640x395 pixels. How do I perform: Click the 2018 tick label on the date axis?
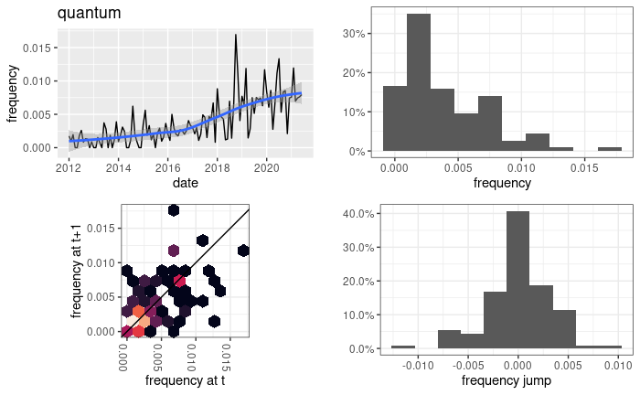[217, 167]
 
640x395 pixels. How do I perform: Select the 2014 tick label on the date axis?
[118, 167]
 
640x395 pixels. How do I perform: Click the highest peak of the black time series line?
[236, 36]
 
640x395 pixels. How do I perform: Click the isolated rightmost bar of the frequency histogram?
[610, 149]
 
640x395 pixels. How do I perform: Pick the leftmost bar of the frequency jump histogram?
[403, 347]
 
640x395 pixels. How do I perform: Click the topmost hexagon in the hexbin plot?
[173, 210]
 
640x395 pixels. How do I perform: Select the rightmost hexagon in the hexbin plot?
[243, 250]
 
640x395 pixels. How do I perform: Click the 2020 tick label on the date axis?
[266, 167]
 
